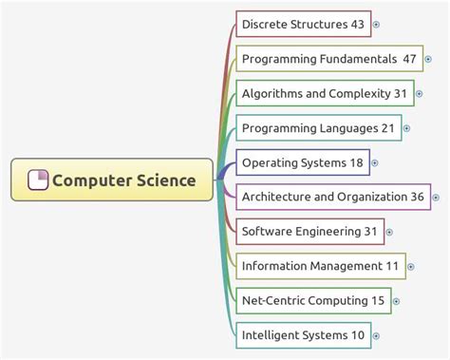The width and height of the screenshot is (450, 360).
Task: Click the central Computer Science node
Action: tap(112, 180)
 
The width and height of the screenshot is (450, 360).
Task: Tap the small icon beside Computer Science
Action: tap(39, 180)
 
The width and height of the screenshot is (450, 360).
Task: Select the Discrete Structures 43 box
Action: tap(302, 24)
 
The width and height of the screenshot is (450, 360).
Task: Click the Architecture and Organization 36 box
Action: tap(332, 197)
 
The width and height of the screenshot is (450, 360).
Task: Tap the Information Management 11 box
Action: tap(320, 266)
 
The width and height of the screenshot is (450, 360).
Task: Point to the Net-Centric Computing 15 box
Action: tap(312, 300)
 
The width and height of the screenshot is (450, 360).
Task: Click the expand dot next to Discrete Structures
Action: tap(376, 24)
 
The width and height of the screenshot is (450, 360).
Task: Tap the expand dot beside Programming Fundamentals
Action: tap(428, 59)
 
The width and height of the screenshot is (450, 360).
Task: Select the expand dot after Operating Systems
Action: tap(375, 162)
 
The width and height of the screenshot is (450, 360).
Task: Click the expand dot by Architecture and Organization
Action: tap(436, 198)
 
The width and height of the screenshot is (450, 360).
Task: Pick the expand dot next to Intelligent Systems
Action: tap(376, 334)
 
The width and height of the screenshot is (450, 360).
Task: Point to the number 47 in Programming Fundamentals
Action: tap(409, 59)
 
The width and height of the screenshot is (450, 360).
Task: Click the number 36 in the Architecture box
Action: tap(417, 197)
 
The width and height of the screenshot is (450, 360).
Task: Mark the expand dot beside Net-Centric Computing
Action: tap(396, 301)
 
